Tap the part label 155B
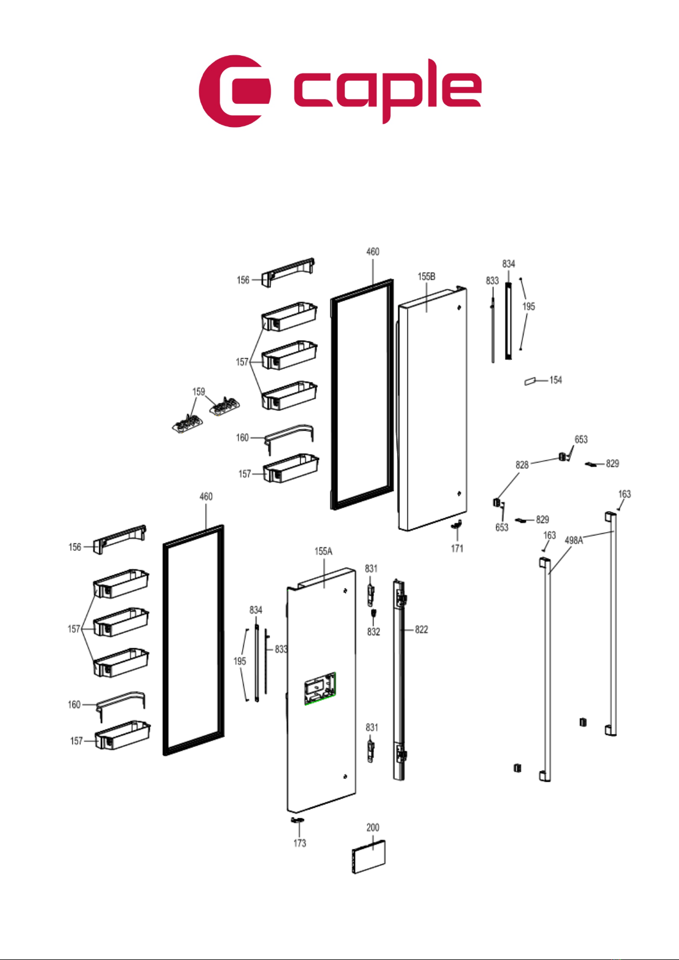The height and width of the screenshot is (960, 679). pos(426,276)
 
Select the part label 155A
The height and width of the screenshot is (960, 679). pos(324,551)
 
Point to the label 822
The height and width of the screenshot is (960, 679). pos(422,630)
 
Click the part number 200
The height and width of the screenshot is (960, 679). pos(373,828)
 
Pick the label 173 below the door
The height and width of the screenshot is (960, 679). pos(300,843)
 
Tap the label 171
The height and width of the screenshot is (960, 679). pos(457,548)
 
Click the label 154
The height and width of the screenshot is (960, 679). pos(555,379)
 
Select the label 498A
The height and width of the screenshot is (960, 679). pos(574,541)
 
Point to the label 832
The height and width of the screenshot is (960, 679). pos(374,632)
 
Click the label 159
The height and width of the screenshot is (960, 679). pos(199,391)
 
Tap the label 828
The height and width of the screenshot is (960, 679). pos(522,464)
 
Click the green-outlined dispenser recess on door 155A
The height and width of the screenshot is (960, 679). pos(320,688)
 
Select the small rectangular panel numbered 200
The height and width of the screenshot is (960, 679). pos(369,857)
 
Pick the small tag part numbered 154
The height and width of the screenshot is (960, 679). pos(530,381)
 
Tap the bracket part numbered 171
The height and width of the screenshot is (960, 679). pos(457,524)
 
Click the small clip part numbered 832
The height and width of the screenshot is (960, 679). pos(374,611)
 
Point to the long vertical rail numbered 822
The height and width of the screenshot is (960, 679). pos(400,681)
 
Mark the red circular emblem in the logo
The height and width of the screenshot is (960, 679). pos(234,91)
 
